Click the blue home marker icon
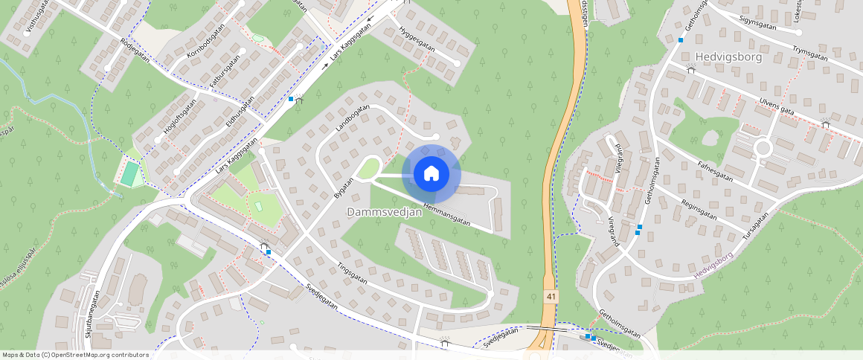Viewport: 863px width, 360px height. click(431, 174)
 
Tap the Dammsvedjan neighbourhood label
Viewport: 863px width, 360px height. click(385, 212)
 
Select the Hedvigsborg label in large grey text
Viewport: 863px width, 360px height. click(728, 57)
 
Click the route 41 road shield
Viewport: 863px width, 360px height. click(550, 296)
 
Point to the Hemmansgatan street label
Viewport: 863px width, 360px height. click(447, 212)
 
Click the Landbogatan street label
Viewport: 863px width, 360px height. click(353, 119)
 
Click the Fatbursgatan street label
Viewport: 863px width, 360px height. click(225, 72)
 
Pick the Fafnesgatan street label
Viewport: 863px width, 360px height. click(716, 173)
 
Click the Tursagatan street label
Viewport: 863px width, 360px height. click(754, 225)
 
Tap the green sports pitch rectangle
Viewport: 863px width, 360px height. click(130, 175)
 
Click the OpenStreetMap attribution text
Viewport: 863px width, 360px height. click(75, 355)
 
